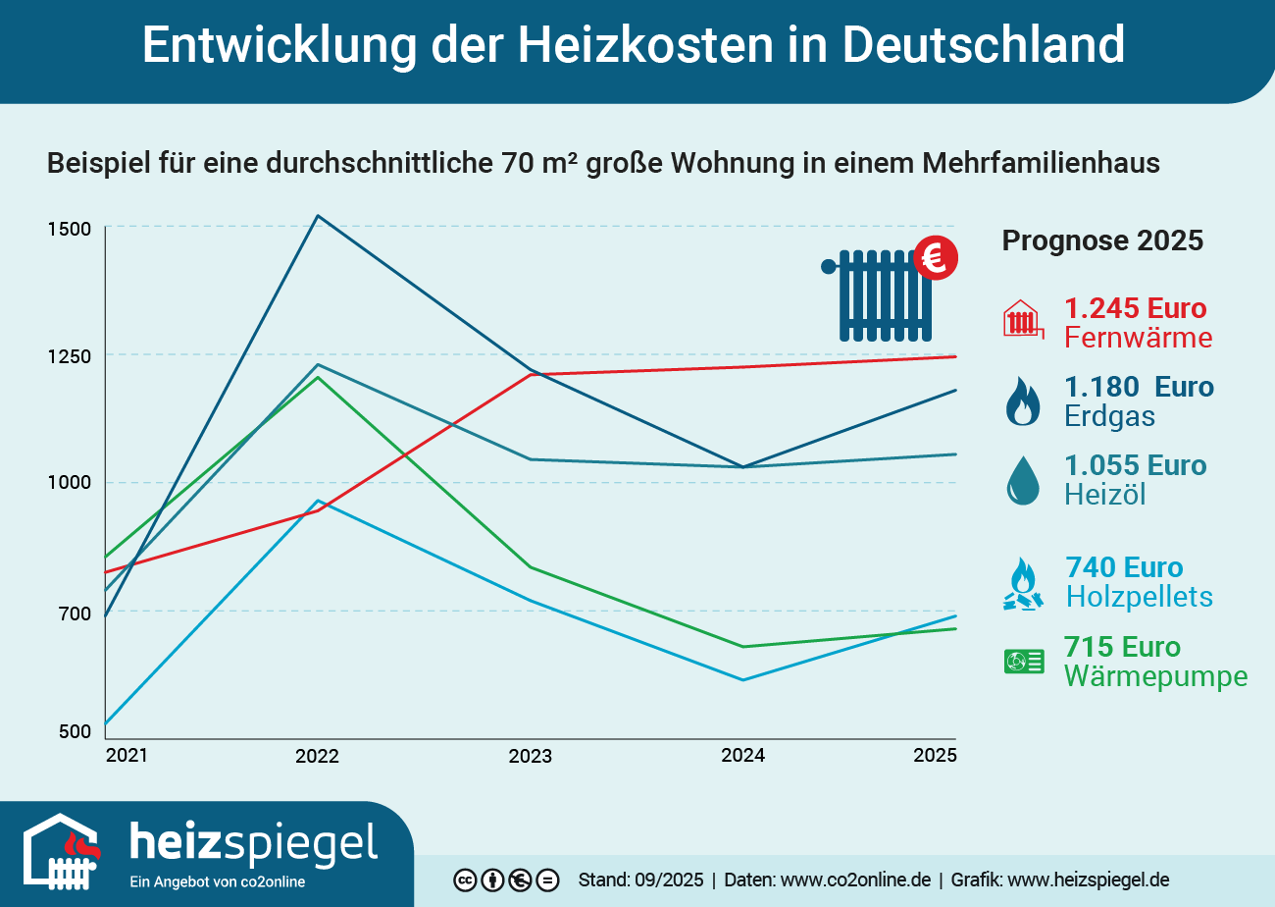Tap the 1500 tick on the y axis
(69, 229)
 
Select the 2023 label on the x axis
(530, 757)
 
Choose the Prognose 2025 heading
(1101, 240)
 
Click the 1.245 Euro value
(1135, 308)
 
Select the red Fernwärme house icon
(1023, 320)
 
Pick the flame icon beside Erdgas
(1023, 401)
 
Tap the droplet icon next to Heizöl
(1023, 481)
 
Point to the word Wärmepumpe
(1155, 677)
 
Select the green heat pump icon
(1023, 662)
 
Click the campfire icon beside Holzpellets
(1023, 585)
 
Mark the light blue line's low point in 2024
(743, 679)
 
